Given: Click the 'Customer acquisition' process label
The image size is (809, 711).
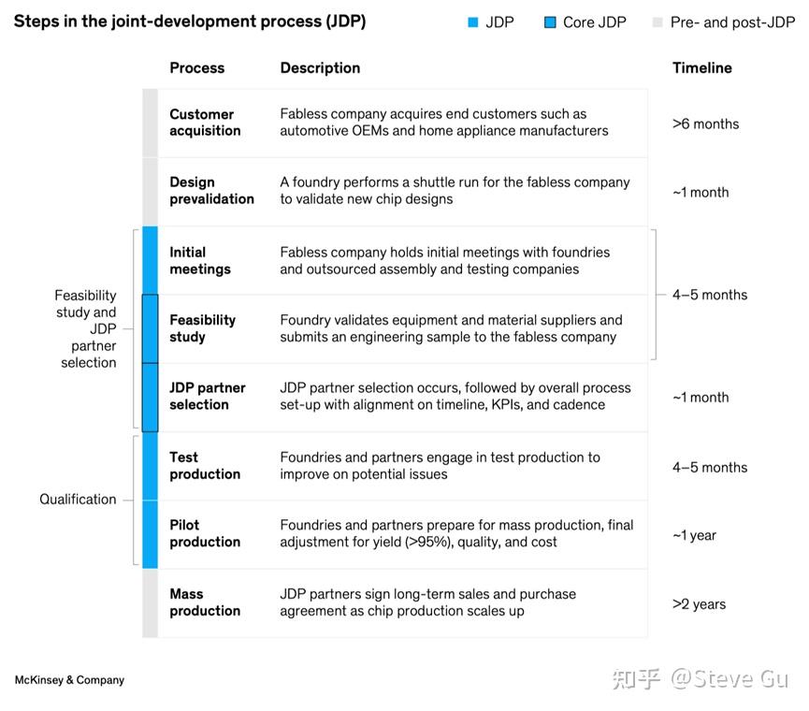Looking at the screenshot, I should tap(205, 123).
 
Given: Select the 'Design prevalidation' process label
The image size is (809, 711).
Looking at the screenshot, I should tap(211, 191).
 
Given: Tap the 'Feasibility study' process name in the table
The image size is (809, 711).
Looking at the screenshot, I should tap(202, 328).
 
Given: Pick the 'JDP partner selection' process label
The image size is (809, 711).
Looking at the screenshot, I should tap(207, 397).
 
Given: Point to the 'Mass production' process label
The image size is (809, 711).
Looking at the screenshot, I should tap(205, 602).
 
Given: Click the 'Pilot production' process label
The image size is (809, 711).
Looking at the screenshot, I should tap(205, 533).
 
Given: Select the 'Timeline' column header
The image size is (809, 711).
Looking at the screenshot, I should tap(701, 68).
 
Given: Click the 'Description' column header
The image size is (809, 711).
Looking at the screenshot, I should tap(320, 68).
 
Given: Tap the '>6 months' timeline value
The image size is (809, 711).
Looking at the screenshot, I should tap(705, 123).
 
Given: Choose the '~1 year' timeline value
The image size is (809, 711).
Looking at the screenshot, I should tap(694, 535).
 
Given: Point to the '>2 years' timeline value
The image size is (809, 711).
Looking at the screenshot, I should tap(699, 604).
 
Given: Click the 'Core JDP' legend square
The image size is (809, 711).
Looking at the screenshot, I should tap(550, 22).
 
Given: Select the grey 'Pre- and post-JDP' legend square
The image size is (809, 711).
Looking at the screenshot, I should tap(657, 22).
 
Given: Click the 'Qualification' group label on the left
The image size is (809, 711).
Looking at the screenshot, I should tap(78, 500).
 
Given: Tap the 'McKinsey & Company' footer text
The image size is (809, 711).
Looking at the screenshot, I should tap(69, 680).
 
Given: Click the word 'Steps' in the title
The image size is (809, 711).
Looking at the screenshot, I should tap(35, 22).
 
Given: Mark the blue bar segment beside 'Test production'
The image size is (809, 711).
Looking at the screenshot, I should tap(150, 466).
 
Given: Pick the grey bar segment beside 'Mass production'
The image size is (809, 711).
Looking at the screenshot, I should tap(150, 603).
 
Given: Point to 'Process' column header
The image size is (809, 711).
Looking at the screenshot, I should tap(196, 68).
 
